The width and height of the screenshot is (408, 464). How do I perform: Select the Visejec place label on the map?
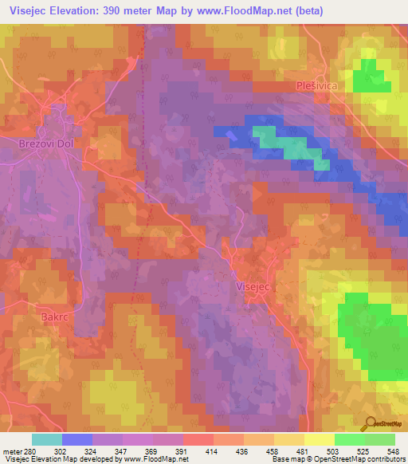(257, 285)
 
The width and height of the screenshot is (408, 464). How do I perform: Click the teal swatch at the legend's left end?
(47, 439)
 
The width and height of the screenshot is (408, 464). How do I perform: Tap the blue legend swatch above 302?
(77, 439)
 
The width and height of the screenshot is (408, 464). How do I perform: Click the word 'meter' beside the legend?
(10, 450)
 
